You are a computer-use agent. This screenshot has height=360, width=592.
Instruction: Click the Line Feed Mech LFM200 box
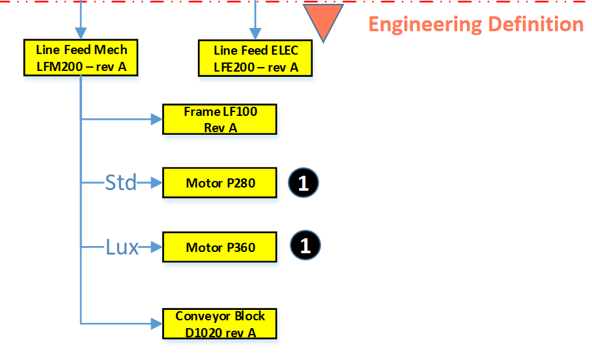pos(81,57)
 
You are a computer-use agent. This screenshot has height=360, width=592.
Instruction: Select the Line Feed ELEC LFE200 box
pos(255,58)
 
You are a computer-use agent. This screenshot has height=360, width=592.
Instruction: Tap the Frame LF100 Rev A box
pos(220,119)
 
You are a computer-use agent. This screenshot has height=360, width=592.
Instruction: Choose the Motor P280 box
pos(220,183)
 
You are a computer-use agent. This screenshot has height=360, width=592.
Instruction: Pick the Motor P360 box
pos(220,247)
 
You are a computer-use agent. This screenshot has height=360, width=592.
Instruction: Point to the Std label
pos(120,183)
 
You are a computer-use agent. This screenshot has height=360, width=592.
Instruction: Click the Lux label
pos(122,247)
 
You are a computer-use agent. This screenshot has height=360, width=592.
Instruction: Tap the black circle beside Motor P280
pos(303,183)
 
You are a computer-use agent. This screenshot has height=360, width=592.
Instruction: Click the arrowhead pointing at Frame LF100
pos(156,119)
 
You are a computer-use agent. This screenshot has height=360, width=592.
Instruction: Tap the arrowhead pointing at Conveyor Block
pos(156,323)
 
